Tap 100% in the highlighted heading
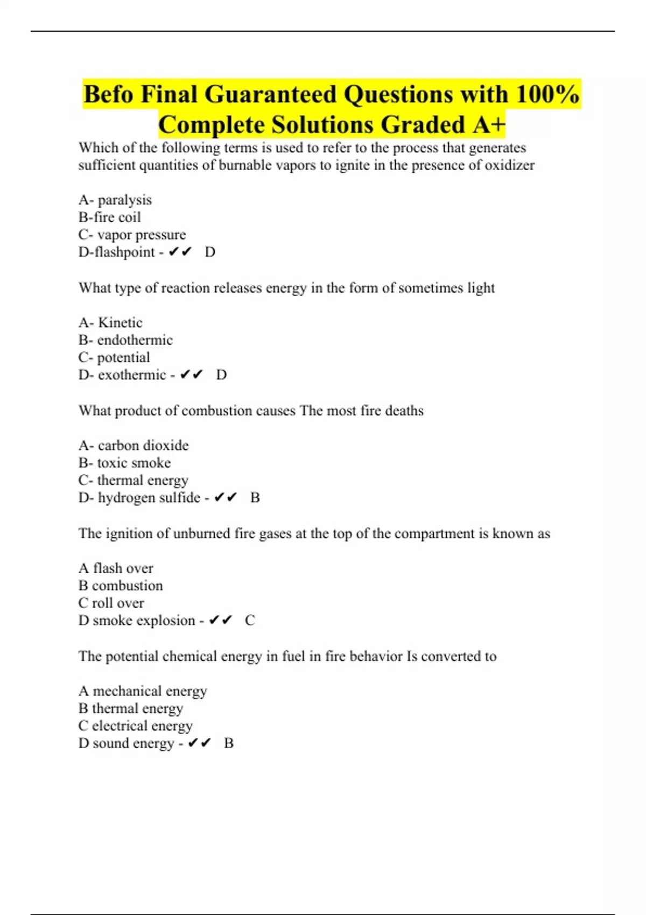pyautogui.click(x=547, y=95)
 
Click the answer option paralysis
pyautogui.click(x=124, y=200)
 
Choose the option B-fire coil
pyautogui.click(x=109, y=217)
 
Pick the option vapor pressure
pyautogui.click(x=141, y=235)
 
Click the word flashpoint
pyautogui.click(x=124, y=252)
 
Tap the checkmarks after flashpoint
pyautogui.click(x=180, y=252)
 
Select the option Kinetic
pyautogui.click(x=120, y=323)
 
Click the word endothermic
pyautogui.click(x=135, y=340)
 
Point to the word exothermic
pyautogui.click(x=131, y=375)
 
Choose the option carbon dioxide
pyautogui.click(x=143, y=446)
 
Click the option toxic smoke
pyautogui.click(x=134, y=463)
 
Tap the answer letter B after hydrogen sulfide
pyautogui.click(x=255, y=498)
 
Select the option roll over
pyautogui.click(x=118, y=603)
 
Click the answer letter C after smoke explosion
pyautogui.click(x=250, y=621)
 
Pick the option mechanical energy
pyautogui.click(x=150, y=691)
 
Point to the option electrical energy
pyautogui.click(x=142, y=726)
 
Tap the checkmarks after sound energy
pyautogui.click(x=199, y=743)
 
